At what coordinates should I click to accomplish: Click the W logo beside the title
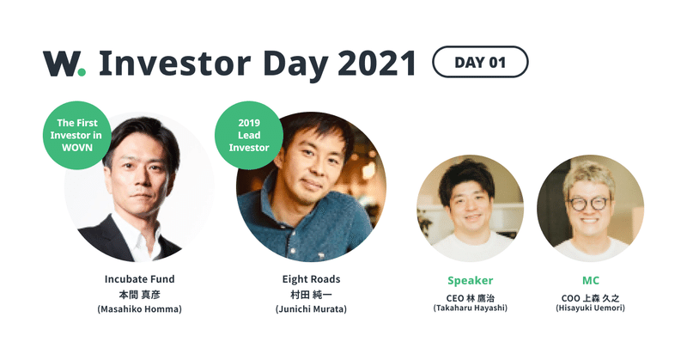(x=64, y=64)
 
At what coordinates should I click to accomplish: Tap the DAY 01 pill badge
(x=480, y=62)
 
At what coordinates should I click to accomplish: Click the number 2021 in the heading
(x=377, y=64)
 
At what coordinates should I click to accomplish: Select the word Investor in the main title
(x=175, y=64)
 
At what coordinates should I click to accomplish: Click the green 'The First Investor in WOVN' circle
(x=76, y=135)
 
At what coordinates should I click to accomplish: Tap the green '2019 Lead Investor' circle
(x=249, y=135)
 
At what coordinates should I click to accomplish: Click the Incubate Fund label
(x=139, y=279)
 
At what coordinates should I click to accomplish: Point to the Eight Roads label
(x=311, y=279)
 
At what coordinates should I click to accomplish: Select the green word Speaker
(x=470, y=281)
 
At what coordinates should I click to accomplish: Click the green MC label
(x=591, y=280)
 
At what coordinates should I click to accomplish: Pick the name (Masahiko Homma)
(x=139, y=309)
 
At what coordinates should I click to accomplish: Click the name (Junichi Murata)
(x=311, y=309)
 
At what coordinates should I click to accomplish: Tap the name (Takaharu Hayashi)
(x=470, y=308)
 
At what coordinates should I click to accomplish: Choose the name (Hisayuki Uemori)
(x=590, y=308)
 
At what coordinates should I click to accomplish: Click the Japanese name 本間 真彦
(x=139, y=294)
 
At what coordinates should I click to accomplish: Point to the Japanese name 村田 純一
(x=311, y=294)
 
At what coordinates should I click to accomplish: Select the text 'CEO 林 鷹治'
(x=470, y=298)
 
